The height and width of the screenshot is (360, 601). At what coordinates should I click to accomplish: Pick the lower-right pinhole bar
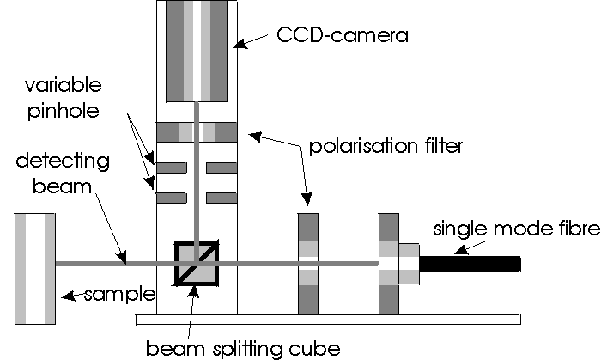coord(222,198)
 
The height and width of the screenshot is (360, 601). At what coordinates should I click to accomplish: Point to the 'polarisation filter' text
coord(383,147)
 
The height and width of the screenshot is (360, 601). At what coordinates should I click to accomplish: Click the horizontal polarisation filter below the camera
coord(198,132)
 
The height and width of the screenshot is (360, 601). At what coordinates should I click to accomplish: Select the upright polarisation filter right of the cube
coord(307,264)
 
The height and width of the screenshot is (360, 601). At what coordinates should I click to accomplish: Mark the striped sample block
coord(35,267)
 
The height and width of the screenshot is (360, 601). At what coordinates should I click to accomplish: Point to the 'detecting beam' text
coord(53,174)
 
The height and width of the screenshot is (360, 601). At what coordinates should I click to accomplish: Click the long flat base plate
coord(326,320)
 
